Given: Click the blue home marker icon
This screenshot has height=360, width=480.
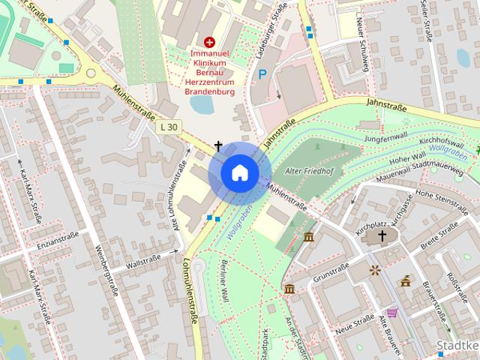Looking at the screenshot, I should [239, 172].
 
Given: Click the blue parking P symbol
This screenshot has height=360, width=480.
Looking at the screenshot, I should [262, 75].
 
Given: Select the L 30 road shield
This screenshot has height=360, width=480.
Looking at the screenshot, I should [169, 127].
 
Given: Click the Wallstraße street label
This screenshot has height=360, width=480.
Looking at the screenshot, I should [145, 264].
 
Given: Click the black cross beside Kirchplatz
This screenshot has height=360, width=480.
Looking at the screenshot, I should [382, 236].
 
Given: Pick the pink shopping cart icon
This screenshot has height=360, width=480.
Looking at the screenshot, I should [391, 313].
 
